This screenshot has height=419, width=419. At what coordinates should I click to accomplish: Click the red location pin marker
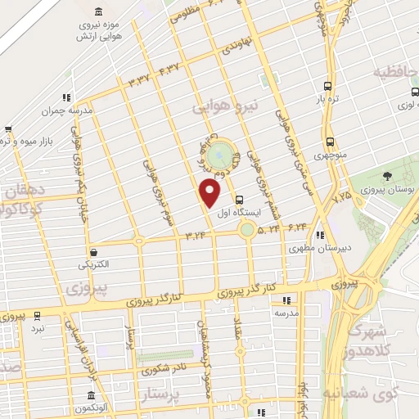[210, 193]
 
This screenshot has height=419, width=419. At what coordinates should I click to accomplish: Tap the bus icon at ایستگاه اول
[239, 200]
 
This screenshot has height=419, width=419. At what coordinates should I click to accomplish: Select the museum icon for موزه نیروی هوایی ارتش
[99, 11]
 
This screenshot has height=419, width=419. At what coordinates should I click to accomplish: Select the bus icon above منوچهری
[329, 139]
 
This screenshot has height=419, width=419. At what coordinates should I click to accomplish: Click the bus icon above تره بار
[328, 86]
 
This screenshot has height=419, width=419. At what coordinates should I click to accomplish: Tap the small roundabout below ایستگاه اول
[247, 230]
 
